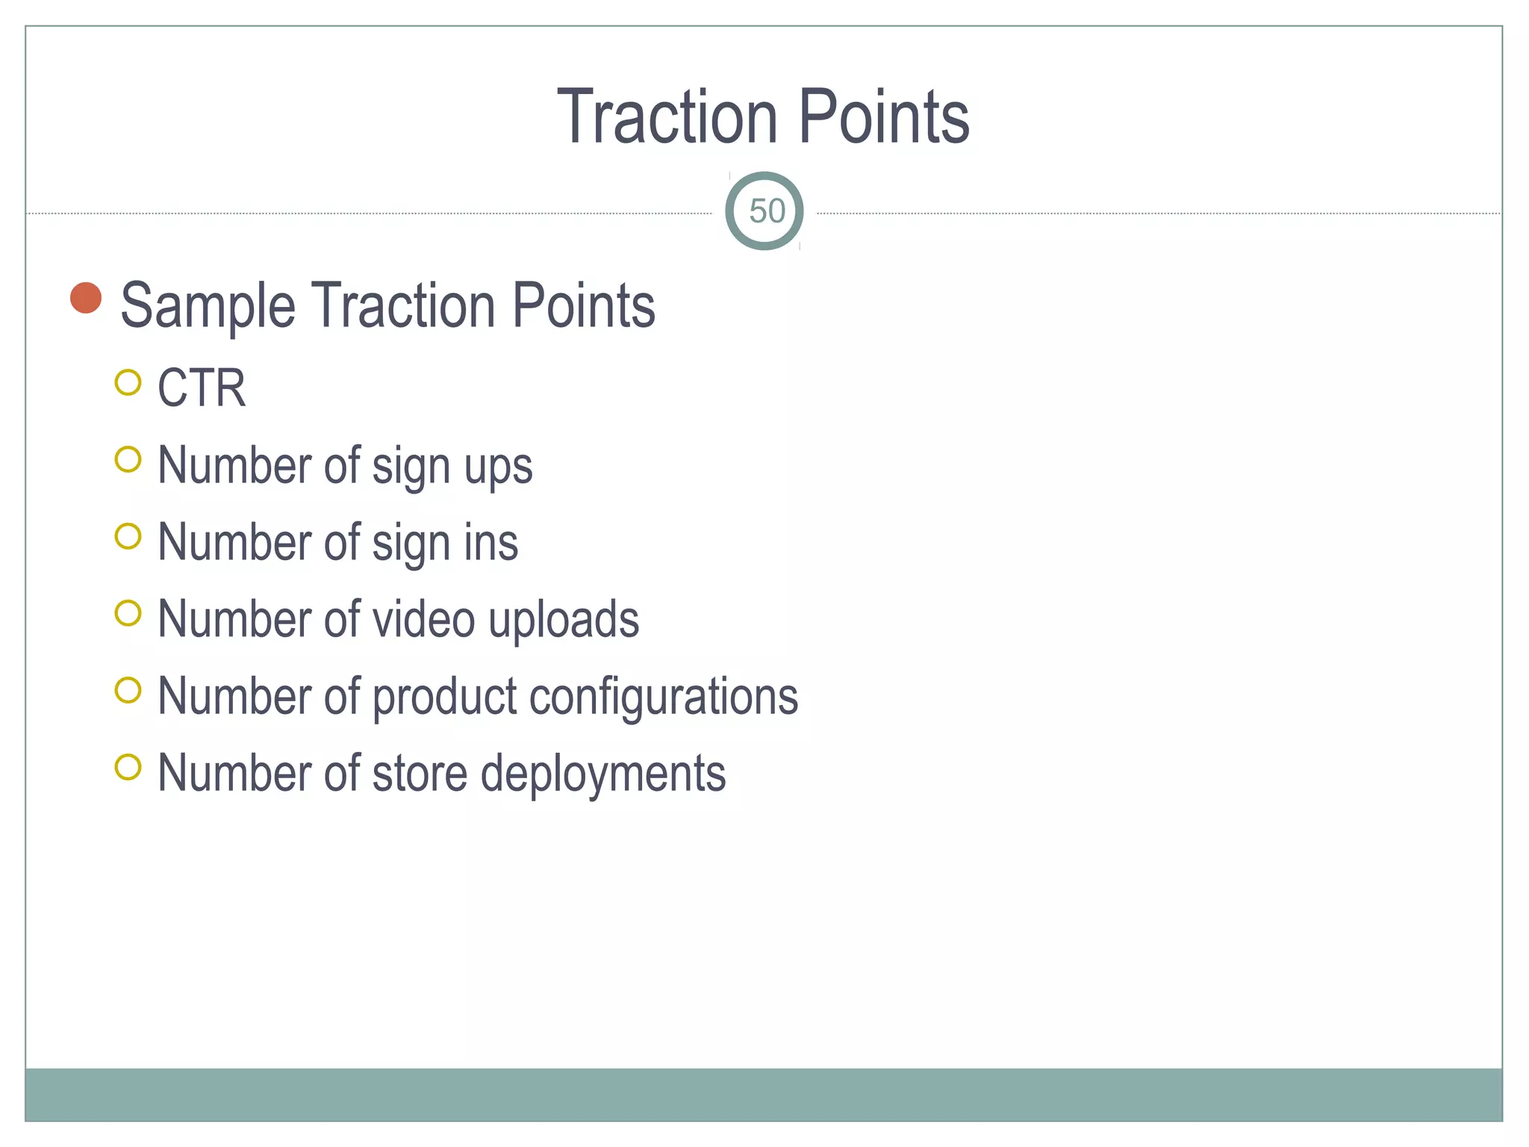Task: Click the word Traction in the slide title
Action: coord(668,117)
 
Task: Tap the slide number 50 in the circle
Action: coord(766,211)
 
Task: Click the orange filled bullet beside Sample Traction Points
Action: coord(86,298)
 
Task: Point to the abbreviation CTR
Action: coord(202,388)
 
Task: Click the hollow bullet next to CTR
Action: coord(128,382)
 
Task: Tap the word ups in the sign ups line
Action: coord(498,467)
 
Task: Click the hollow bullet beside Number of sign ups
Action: coord(128,459)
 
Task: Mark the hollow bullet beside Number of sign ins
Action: coord(128,536)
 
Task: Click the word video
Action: coord(423,619)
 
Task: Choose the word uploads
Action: coord(564,621)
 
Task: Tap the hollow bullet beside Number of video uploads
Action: coord(128,613)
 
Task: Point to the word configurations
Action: coord(664,697)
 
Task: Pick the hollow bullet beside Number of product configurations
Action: coord(128,690)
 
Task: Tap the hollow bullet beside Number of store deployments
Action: coord(128,767)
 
